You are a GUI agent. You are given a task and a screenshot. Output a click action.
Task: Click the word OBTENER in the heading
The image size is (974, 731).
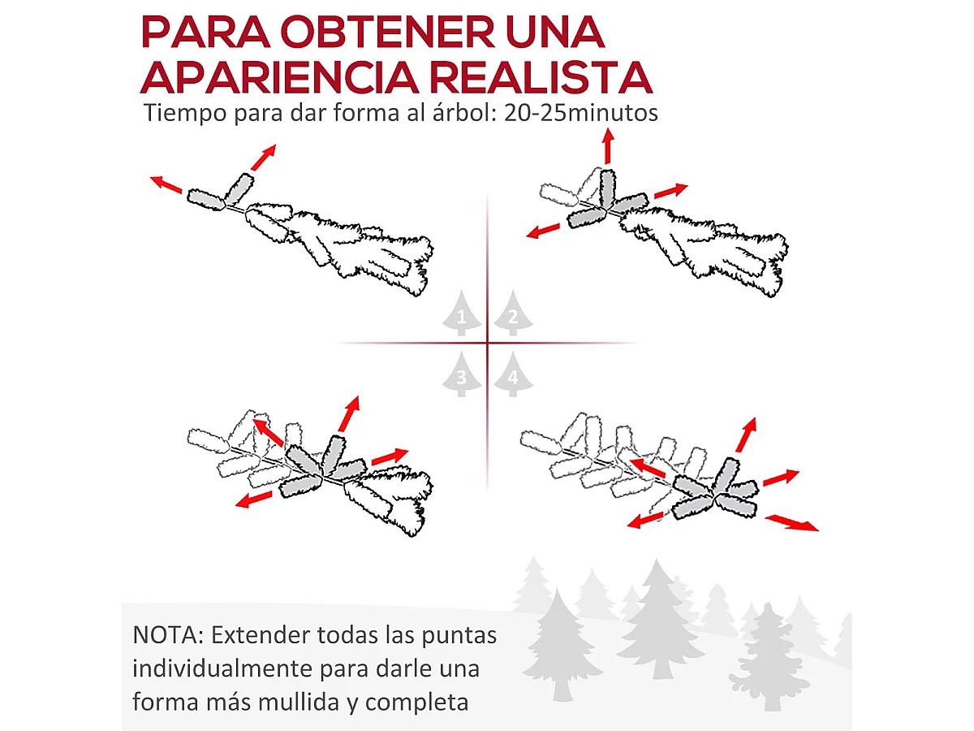(x=388, y=32)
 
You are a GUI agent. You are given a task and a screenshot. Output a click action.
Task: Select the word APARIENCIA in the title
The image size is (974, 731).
(x=279, y=78)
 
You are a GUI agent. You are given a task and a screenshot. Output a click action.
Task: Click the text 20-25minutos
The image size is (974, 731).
(x=581, y=113)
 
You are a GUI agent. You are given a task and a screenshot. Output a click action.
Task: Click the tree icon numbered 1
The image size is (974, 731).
(x=462, y=313)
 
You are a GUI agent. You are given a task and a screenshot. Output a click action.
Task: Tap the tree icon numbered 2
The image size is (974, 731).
(x=514, y=313)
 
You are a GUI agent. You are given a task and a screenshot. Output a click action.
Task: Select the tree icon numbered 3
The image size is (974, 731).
(x=462, y=374)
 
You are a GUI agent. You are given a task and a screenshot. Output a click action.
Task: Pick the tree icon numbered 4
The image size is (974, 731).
(x=514, y=374)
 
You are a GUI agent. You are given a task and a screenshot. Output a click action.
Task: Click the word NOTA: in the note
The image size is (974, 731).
(x=168, y=635)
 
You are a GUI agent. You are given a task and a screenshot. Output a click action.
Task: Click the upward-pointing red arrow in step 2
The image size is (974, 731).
(x=609, y=146)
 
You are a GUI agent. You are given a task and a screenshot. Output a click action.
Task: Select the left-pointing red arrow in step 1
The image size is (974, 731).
(x=166, y=184)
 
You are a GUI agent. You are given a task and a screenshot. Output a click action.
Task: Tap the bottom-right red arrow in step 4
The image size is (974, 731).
(x=792, y=522)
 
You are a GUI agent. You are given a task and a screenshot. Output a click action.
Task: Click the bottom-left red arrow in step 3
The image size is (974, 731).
(x=254, y=500)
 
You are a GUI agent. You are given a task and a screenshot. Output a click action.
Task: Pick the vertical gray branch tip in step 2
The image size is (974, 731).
(x=607, y=189)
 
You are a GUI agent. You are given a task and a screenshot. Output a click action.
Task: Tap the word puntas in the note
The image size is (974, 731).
(x=459, y=637)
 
